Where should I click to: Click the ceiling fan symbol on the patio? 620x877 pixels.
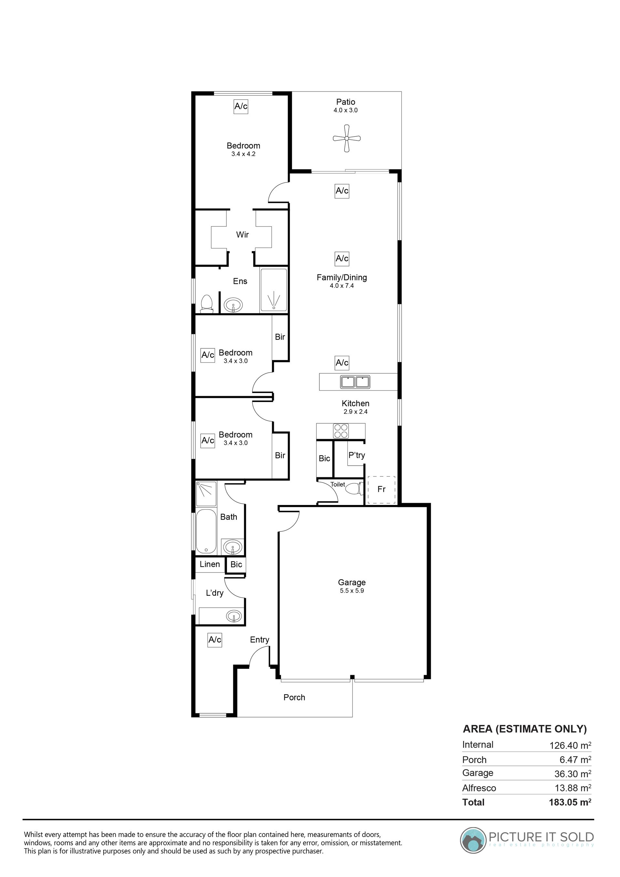point(346,138)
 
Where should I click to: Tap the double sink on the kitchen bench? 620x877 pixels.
point(355,382)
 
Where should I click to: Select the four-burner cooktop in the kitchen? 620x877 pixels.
point(341,431)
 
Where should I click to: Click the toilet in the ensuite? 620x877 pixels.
point(207,304)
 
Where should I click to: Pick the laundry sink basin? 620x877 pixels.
point(233,616)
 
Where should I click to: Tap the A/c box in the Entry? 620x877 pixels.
point(215,639)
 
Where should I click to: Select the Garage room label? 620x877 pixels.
point(352,582)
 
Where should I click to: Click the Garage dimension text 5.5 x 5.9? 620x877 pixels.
point(352,591)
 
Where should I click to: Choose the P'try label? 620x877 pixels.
point(356,455)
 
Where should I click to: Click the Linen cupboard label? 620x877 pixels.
point(210,564)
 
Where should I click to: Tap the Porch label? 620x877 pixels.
point(294,697)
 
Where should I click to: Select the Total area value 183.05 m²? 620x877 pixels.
point(570,802)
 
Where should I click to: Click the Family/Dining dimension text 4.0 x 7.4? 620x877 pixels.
point(342,285)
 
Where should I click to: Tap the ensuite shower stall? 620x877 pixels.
point(274,290)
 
